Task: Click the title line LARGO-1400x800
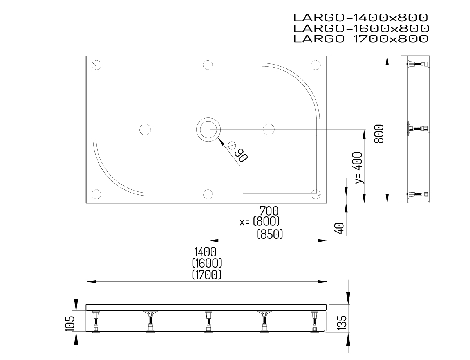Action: [360, 18]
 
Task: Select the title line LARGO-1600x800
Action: [360, 28]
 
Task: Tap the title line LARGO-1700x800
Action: [360, 39]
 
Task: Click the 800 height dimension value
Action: [378, 134]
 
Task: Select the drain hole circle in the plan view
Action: [208, 129]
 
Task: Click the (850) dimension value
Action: [270, 234]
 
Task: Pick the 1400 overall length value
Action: [207, 252]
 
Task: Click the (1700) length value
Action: [207, 274]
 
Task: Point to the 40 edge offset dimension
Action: [340, 228]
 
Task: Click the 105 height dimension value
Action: [69, 324]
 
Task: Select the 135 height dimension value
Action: [342, 323]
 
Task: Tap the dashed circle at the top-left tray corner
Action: [96, 65]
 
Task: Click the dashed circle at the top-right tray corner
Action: [316, 65]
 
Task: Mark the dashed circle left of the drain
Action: [145, 129]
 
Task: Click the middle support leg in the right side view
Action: [419, 129]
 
